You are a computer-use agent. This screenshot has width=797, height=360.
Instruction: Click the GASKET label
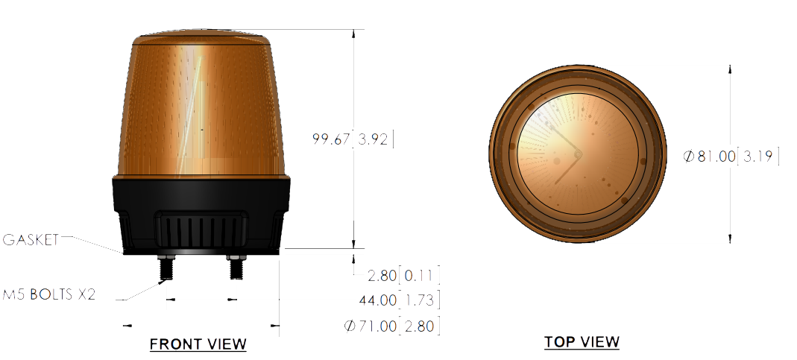[31, 240]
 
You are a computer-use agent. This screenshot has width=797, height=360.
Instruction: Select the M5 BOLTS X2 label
[48, 294]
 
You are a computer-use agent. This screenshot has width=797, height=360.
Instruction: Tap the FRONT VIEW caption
[198, 344]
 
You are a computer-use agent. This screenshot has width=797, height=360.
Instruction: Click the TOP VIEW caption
[582, 342]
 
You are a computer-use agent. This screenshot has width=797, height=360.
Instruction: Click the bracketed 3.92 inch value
[373, 139]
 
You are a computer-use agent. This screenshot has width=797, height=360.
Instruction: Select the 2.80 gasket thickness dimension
[382, 276]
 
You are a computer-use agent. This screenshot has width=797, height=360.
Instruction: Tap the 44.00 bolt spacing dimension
[378, 300]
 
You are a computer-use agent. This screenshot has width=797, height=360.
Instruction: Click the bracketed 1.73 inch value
[419, 300]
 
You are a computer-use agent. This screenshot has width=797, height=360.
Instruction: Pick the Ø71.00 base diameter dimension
[371, 326]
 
